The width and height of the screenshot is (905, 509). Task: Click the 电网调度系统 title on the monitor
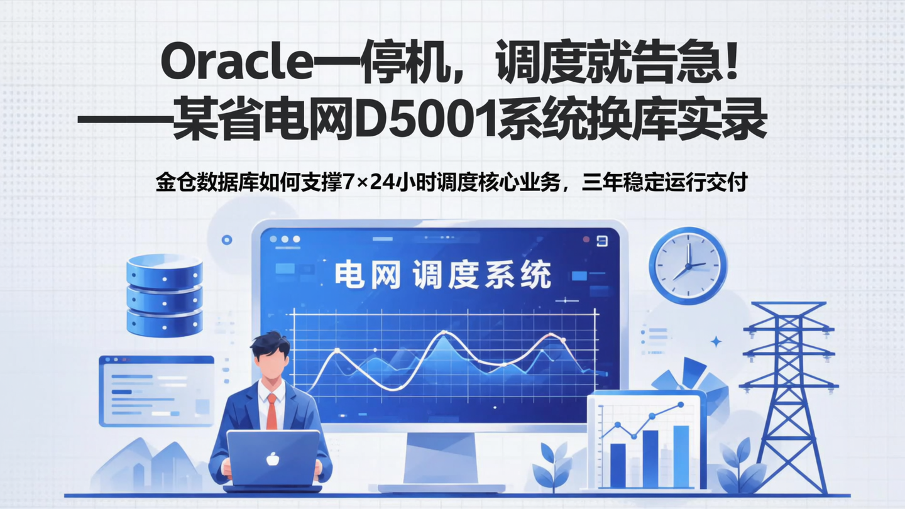coord(443,275)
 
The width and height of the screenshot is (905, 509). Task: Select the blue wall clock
coord(688,265)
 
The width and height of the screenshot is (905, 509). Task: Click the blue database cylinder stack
coord(164,295)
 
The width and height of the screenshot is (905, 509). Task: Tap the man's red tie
coord(271,412)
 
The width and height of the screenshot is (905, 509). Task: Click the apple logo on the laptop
coord(273,459)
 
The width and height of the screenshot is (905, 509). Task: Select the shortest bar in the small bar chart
coord(618,465)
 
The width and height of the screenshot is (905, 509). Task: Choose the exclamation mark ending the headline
coord(731,63)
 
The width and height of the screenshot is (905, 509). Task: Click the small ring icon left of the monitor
coord(227,239)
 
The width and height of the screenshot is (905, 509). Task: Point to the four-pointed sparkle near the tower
coord(716,341)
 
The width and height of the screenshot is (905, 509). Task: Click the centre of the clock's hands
coord(688,266)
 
